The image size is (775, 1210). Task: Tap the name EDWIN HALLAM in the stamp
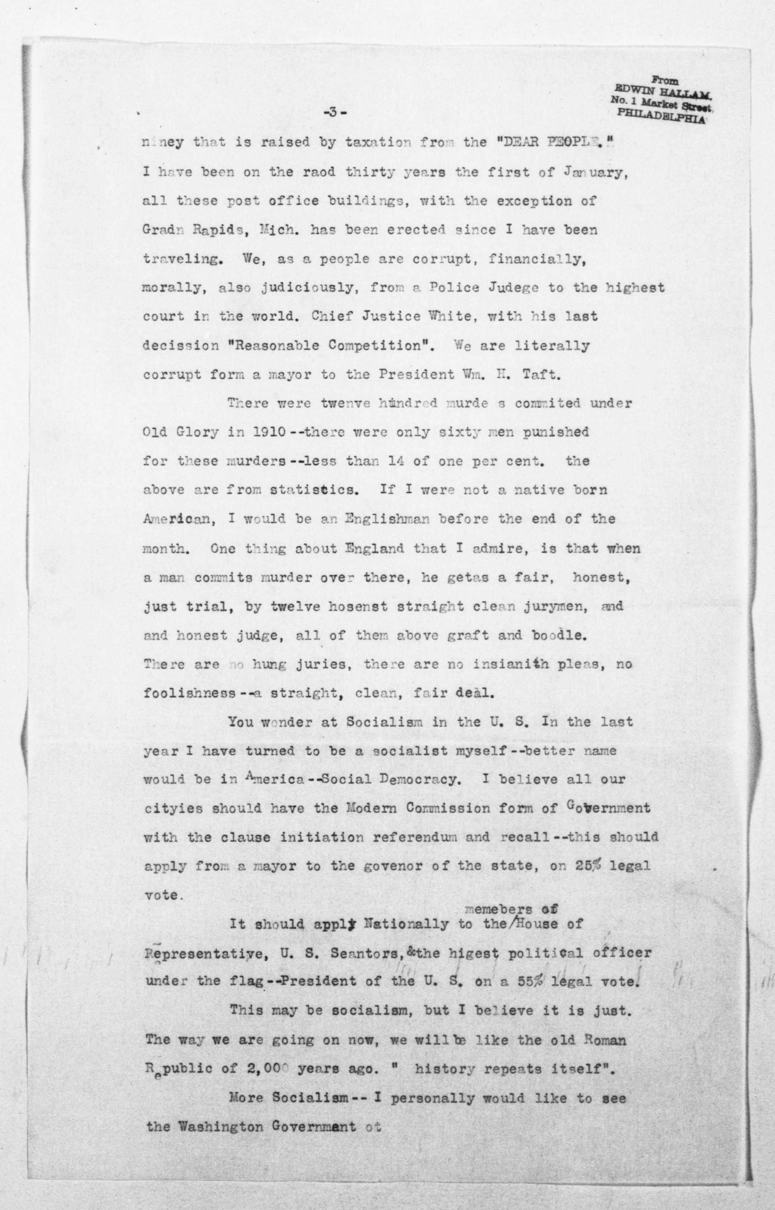point(660,92)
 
